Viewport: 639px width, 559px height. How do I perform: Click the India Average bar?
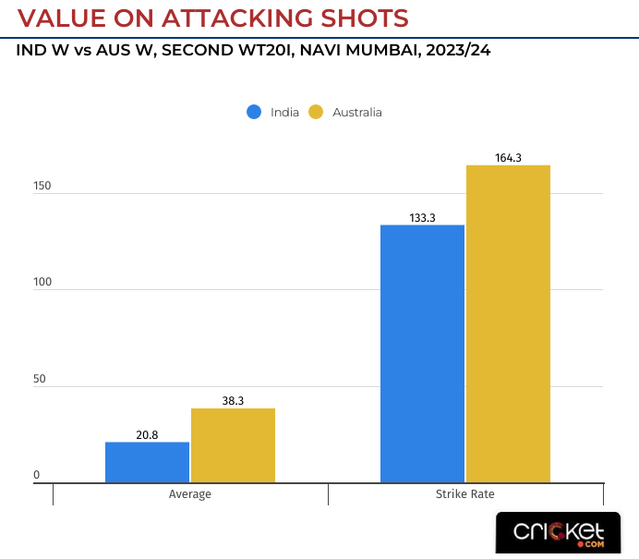point(147,462)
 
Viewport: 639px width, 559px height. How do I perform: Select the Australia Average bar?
point(233,445)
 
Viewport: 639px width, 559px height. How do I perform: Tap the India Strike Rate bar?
point(422,354)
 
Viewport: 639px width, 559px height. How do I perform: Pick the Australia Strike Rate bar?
point(508,323)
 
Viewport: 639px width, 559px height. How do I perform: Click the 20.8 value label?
point(147,434)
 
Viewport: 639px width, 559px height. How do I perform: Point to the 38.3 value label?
point(233,401)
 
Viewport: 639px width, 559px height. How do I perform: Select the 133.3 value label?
point(422,218)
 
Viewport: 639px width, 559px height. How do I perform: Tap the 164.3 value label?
point(508,158)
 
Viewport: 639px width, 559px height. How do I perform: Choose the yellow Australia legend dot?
point(316,112)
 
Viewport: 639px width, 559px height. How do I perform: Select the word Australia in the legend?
point(356,113)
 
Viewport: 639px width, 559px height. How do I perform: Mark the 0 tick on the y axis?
point(37,475)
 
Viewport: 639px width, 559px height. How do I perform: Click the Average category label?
point(190,494)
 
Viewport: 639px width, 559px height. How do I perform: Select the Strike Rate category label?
point(464,494)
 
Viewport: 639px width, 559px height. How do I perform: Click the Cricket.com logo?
point(560,533)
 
